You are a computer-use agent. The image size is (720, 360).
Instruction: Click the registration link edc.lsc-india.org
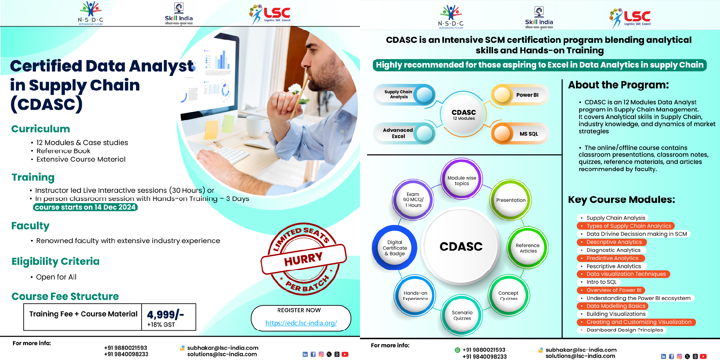(x=301, y=323)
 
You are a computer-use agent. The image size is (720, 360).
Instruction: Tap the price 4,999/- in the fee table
(x=165, y=314)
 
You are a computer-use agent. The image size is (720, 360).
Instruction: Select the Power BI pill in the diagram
(x=520, y=95)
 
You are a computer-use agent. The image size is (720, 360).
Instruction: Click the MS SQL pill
(x=520, y=134)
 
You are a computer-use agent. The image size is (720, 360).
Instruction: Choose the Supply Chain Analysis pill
(x=404, y=95)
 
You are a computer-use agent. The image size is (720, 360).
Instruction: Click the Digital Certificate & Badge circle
(x=395, y=248)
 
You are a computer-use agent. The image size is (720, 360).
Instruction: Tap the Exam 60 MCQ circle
(x=413, y=200)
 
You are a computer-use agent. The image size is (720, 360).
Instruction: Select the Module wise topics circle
(x=462, y=180)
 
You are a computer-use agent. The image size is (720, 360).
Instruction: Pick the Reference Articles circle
(x=528, y=248)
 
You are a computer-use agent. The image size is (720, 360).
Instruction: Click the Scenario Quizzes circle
(x=462, y=315)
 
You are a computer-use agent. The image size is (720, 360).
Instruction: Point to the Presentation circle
(x=511, y=200)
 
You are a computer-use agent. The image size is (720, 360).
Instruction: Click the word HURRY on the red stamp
(x=303, y=259)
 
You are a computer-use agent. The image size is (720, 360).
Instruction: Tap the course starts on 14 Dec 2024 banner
(x=85, y=207)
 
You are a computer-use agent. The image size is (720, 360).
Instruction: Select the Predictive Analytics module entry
(x=611, y=258)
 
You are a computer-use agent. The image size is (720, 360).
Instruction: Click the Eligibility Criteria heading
(x=55, y=261)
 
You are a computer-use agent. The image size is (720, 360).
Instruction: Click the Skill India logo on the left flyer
(x=179, y=14)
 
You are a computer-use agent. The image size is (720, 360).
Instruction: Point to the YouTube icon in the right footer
(x=703, y=356)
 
